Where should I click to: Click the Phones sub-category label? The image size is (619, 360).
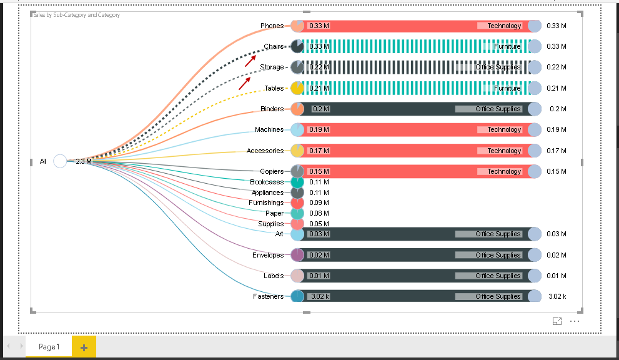(272, 26)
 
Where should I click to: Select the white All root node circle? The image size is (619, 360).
(60, 161)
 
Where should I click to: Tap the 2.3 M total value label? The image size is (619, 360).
(84, 161)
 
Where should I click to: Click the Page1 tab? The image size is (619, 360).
(49, 347)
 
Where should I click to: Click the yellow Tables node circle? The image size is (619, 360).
(297, 88)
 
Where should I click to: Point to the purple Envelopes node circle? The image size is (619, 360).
(297, 255)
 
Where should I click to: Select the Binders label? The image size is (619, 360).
(272, 109)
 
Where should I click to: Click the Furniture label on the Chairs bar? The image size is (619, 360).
(507, 47)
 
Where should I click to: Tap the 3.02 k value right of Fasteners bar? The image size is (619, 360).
(557, 296)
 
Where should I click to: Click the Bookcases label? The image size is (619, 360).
(267, 182)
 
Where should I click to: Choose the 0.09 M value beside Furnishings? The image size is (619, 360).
(319, 202)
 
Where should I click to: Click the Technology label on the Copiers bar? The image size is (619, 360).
(503, 171)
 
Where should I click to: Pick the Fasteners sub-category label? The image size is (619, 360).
(269, 296)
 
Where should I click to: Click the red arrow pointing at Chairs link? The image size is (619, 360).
(250, 60)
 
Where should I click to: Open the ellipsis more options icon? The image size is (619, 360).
(575, 321)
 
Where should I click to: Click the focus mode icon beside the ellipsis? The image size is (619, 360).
(557, 321)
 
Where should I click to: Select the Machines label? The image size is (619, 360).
(269, 129)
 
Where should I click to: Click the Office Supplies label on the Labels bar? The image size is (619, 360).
(497, 276)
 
